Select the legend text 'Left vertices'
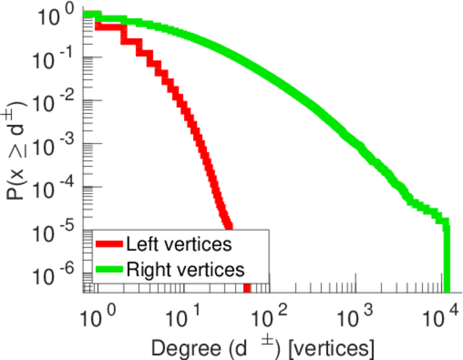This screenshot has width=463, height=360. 179,244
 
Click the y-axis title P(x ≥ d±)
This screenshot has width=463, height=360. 18,147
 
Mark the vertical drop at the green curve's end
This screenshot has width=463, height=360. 446,258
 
